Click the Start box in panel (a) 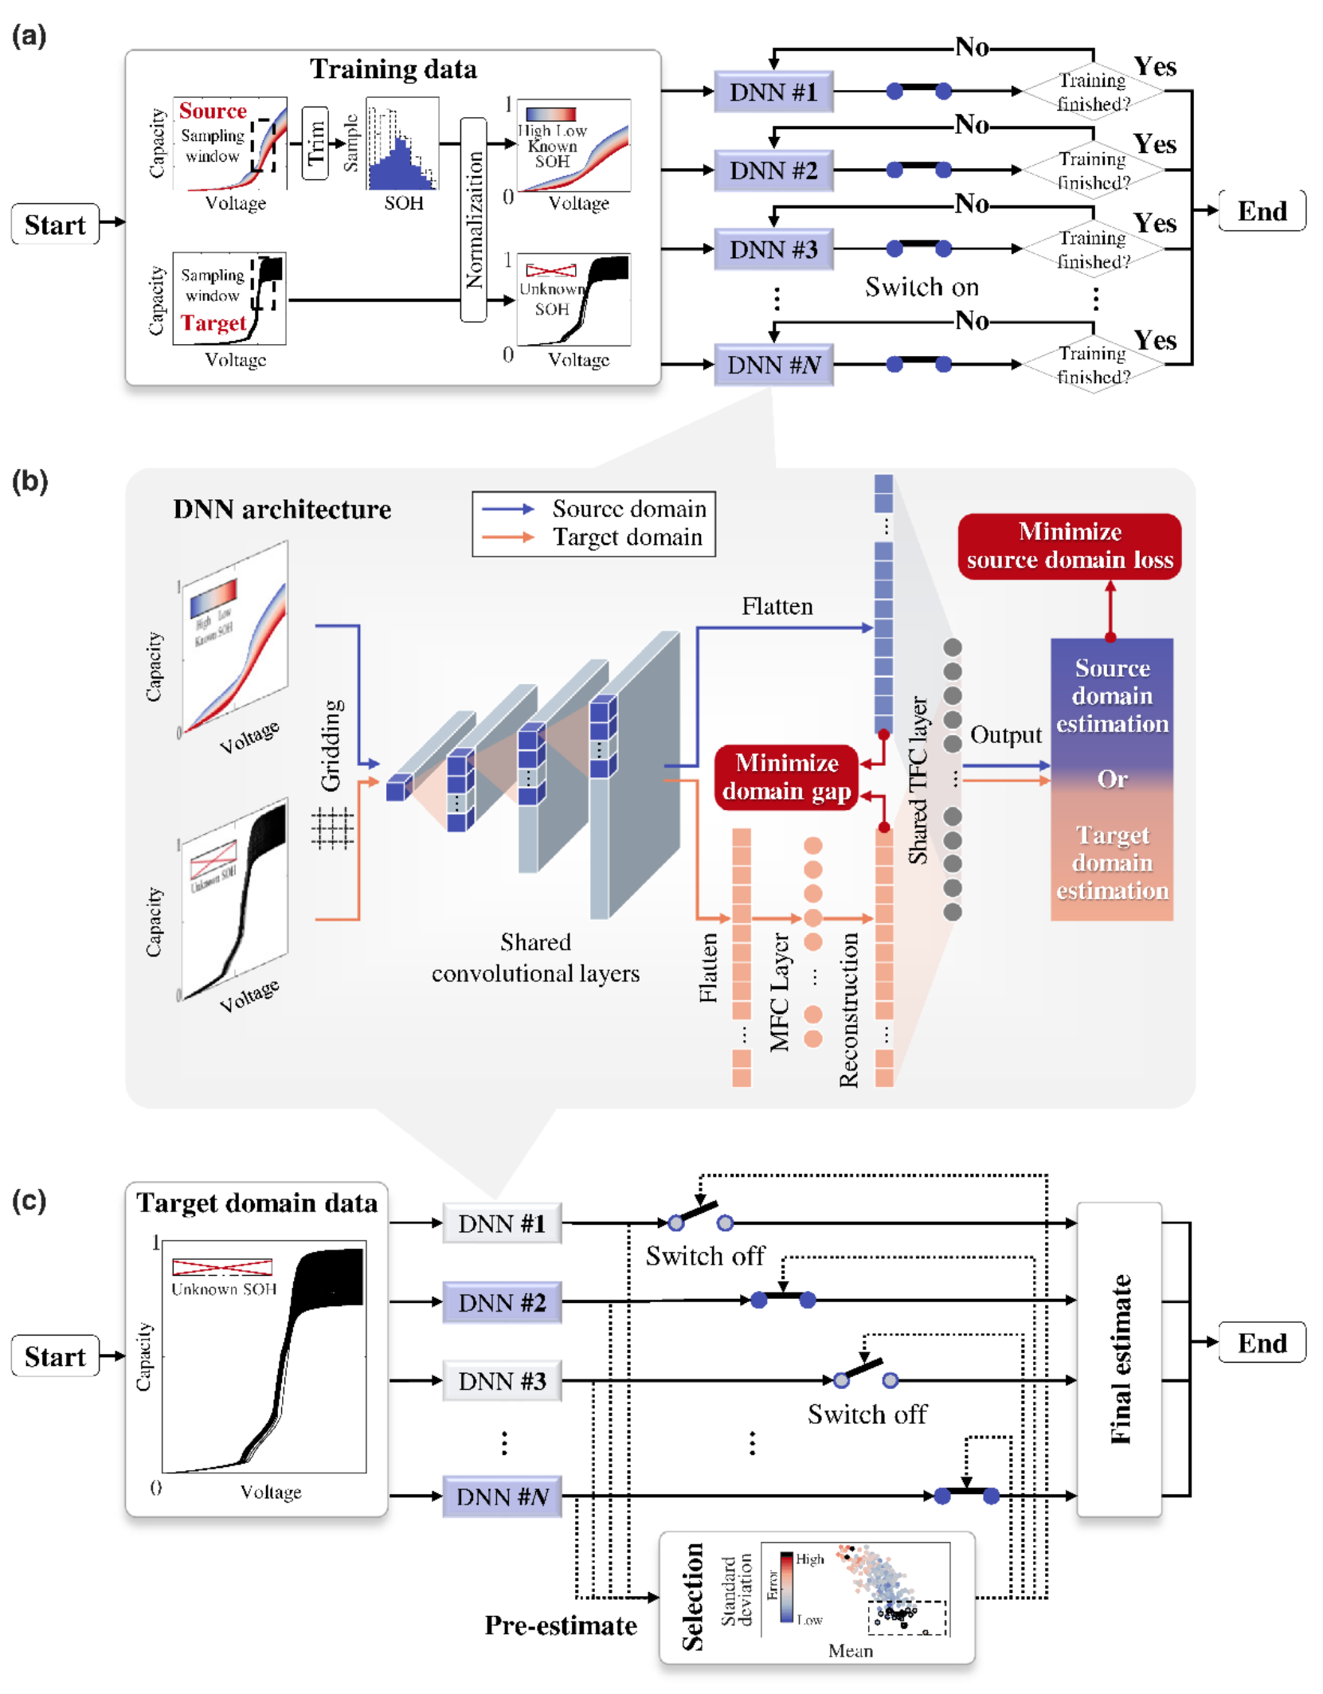[x=54, y=225]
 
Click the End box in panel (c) [x=1262, y=1343]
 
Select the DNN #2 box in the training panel [x=773, y=170]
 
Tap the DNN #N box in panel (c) [x=502, y=1496]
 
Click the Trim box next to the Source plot [x=315, y=143]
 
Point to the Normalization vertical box [x=474, y=220]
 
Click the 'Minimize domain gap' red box [x=786, y=777]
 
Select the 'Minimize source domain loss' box [x=1069, y=546]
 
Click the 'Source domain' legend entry [x=628, y=509]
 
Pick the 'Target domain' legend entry [x=628, y=538]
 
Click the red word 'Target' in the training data [x=213, y=323]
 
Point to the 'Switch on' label [x=922, y=287]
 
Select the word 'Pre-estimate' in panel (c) [x=561, y=1625]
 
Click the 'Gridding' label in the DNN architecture [x=331, y=745]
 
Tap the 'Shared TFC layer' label [x=918, y=780]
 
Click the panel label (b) [x=30, y=481]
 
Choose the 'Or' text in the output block [x=1112, y=779]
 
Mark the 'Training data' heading [x=393, y=69]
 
